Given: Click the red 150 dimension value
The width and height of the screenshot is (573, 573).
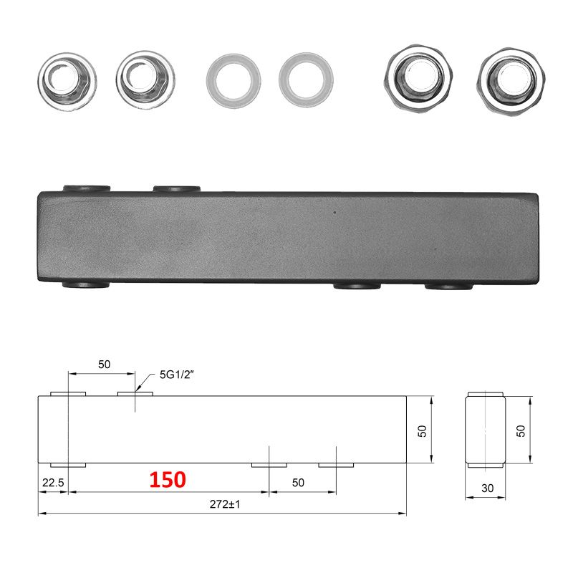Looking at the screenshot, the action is click(x=168, y=479).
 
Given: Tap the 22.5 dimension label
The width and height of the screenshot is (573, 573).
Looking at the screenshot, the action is click(x=53, y=483).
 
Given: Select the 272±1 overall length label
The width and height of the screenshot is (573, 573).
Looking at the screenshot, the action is click(x=225, y=504).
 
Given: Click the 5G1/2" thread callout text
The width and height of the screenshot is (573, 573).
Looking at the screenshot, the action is click(x=176, y=375).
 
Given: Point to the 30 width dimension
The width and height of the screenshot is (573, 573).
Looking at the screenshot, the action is click(x=488, y=488).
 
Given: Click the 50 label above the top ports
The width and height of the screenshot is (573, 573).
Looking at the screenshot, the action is click(x=104, y=365).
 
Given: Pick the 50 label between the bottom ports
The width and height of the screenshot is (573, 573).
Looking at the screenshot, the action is click(x=298, y=483).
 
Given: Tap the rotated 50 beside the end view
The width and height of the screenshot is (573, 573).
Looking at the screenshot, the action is click(x=521, y=431).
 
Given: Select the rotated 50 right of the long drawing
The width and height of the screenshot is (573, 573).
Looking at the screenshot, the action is click(x=422, y=431).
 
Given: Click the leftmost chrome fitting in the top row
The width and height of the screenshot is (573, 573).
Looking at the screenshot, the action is click(x=67, y=81).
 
